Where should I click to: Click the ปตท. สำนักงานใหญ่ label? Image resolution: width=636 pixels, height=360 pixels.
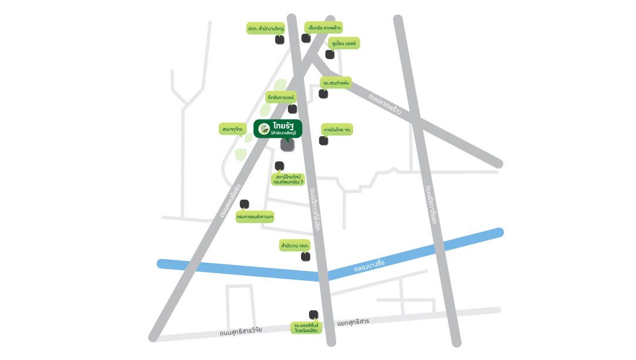point(266,28)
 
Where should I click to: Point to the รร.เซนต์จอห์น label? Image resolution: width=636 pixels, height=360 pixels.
point(336,83)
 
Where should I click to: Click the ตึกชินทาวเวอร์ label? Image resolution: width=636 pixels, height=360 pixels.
point(280,97)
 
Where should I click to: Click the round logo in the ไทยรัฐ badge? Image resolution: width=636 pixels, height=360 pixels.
point(264,128)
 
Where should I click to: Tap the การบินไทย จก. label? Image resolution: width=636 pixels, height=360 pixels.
point(337,129)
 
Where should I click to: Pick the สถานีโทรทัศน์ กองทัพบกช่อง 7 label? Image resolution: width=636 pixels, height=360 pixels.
point(289,179)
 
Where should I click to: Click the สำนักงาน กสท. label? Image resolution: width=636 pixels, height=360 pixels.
point(295,246)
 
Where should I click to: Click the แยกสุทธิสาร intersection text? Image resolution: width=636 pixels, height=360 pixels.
point(353,322)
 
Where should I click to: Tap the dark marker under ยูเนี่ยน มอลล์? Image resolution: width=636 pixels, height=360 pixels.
point(330,55)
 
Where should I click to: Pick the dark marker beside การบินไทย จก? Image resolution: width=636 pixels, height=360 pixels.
point(323,140)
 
